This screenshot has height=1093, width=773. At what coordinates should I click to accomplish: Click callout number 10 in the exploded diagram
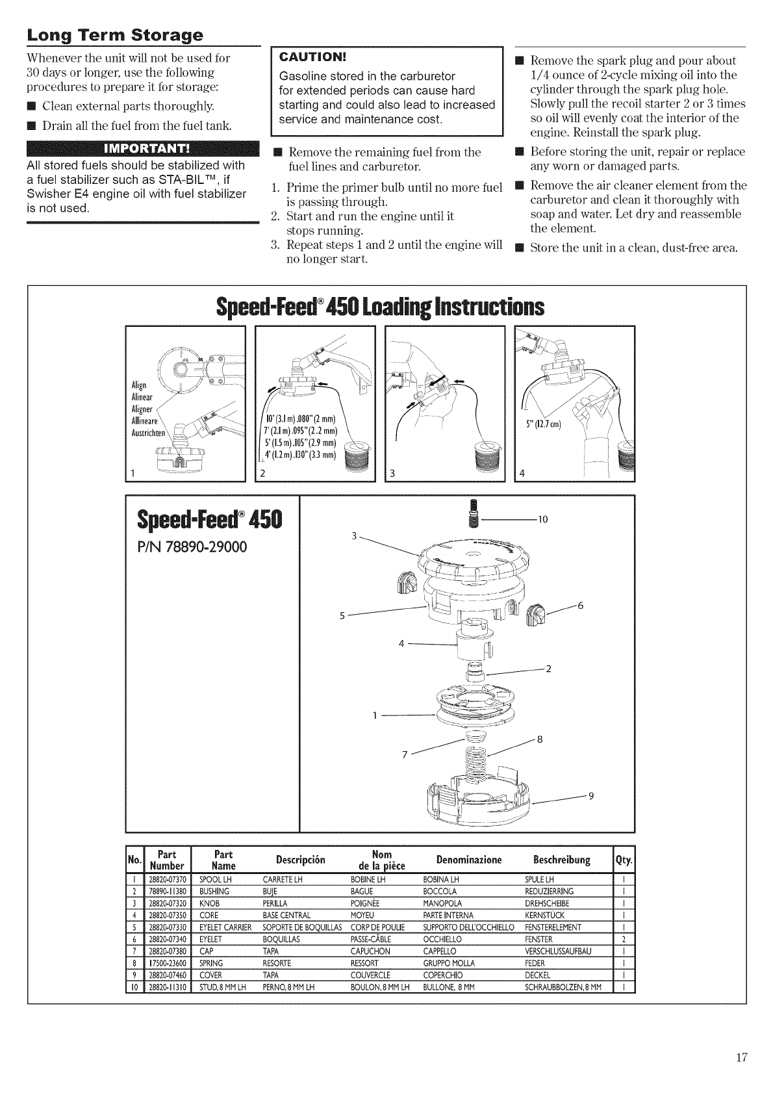tap(543, 519)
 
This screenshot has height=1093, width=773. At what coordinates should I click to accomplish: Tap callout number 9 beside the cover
tap(591, 799)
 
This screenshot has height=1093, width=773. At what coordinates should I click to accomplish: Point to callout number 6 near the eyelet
tap(581, 606)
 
